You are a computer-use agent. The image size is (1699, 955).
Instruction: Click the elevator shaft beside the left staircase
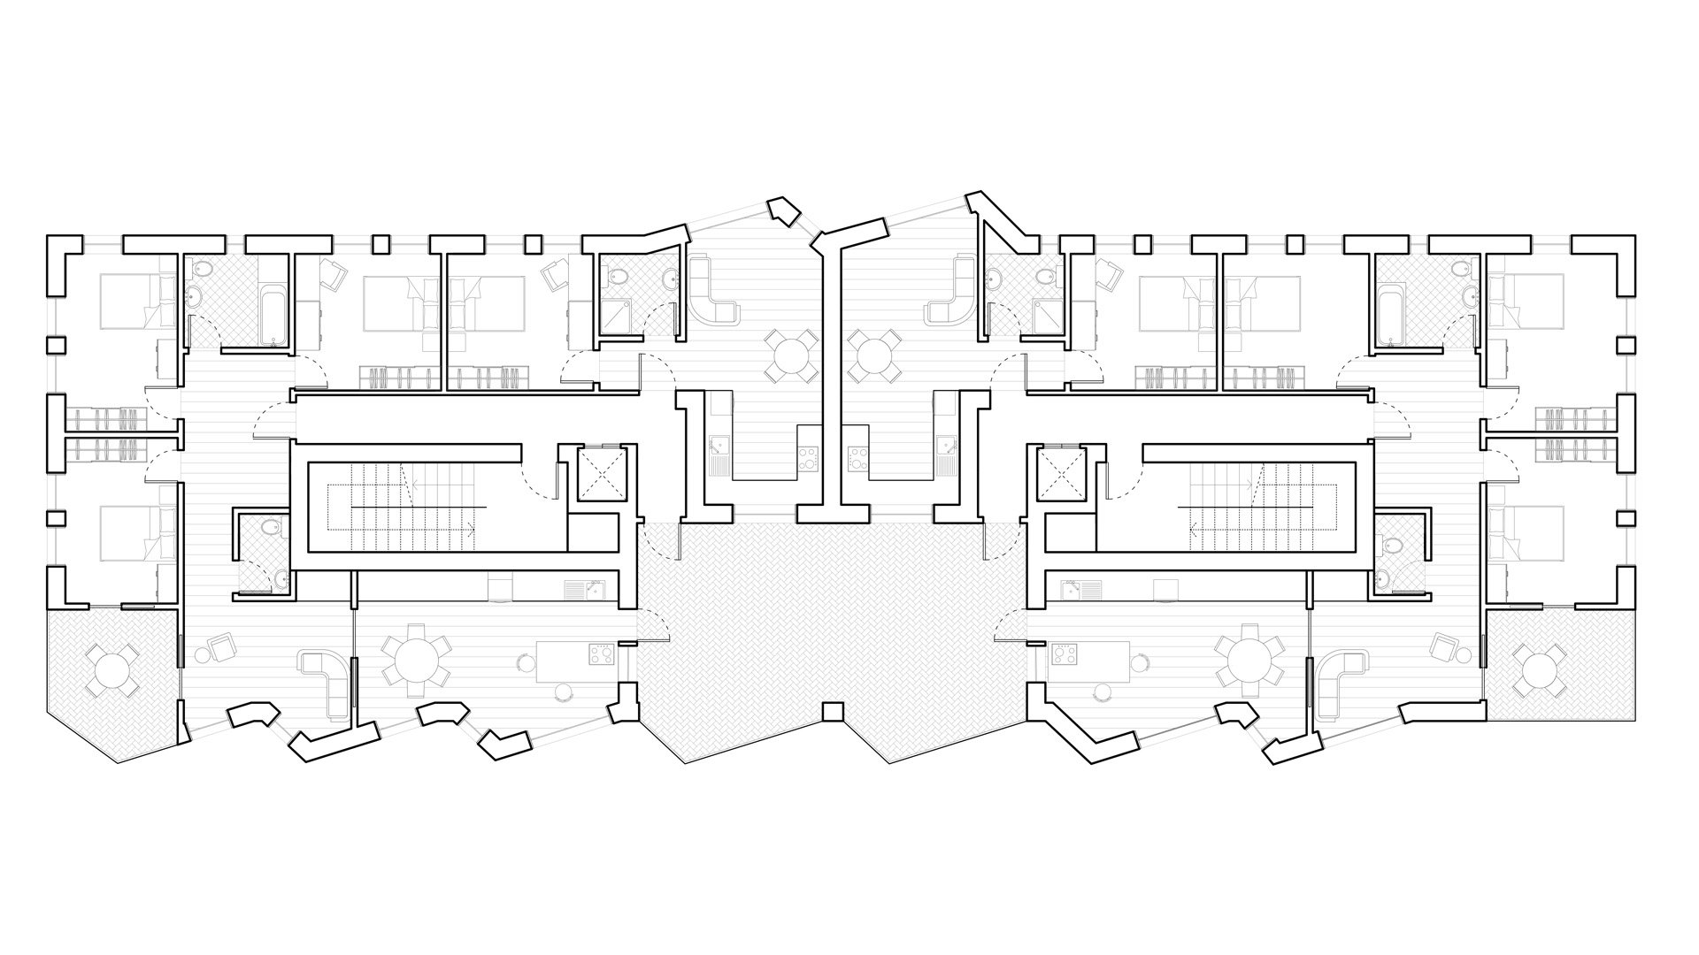[601, 472]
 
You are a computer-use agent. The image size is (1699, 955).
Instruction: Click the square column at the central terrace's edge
[831, 711]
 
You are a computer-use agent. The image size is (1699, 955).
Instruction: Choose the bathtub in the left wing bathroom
[273, 305]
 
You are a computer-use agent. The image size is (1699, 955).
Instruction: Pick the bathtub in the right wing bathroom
[1390, 305]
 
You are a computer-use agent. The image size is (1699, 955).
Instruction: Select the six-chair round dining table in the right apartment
[1249, 659]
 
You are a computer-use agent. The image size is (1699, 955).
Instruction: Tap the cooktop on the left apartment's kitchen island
[603, 653]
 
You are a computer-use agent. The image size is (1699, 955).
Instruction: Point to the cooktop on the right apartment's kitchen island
[1063, 655]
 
